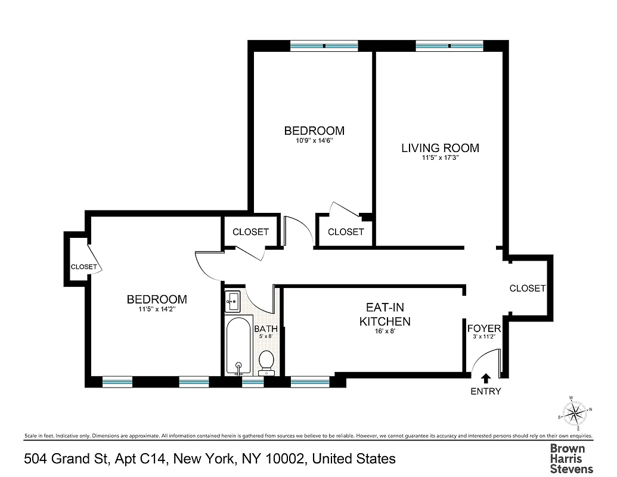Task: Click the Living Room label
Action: (440, 148)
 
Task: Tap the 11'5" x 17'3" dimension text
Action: (440, 159)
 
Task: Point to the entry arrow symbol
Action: (486, 377)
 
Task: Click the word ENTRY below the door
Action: (486, 392)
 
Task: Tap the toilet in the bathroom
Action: (266, 361)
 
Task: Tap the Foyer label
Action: (483, 329)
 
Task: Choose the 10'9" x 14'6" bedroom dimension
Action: (314, 141)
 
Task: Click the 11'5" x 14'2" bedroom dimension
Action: (157, 309)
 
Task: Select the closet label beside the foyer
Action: (528, 288)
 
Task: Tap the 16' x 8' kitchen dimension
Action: (384, 331)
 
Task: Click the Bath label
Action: (265, 329)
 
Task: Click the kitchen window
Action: (309, 380)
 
